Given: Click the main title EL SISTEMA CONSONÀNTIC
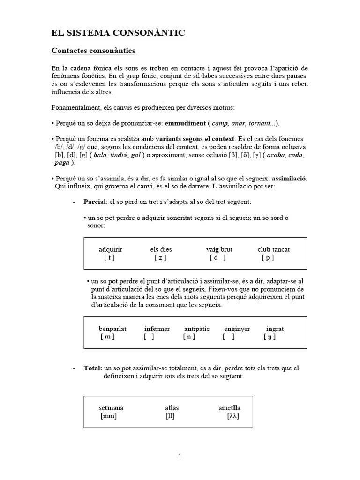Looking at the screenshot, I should click(118, 33).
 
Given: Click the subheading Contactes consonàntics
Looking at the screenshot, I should click(93, 51).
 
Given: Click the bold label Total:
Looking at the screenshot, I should click(93, 368).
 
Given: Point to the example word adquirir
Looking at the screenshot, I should click(110, 249).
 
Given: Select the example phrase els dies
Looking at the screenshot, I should click(161, 249).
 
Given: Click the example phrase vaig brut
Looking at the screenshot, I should click(219, 249).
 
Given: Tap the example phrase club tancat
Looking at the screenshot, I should click(273, 249).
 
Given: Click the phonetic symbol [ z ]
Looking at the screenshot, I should click(160, 258).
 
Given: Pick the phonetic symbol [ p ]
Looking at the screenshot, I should click(267, 258).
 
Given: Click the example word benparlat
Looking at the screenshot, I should click(112, 329).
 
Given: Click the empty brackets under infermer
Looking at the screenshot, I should click(149, 337).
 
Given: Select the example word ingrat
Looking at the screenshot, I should click(275, 329).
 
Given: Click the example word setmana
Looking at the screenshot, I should click(111, 408).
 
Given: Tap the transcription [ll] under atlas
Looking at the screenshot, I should click(170, 416).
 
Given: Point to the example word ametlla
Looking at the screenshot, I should click(229, 408).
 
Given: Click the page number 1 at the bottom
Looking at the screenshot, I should click(180, 457).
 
